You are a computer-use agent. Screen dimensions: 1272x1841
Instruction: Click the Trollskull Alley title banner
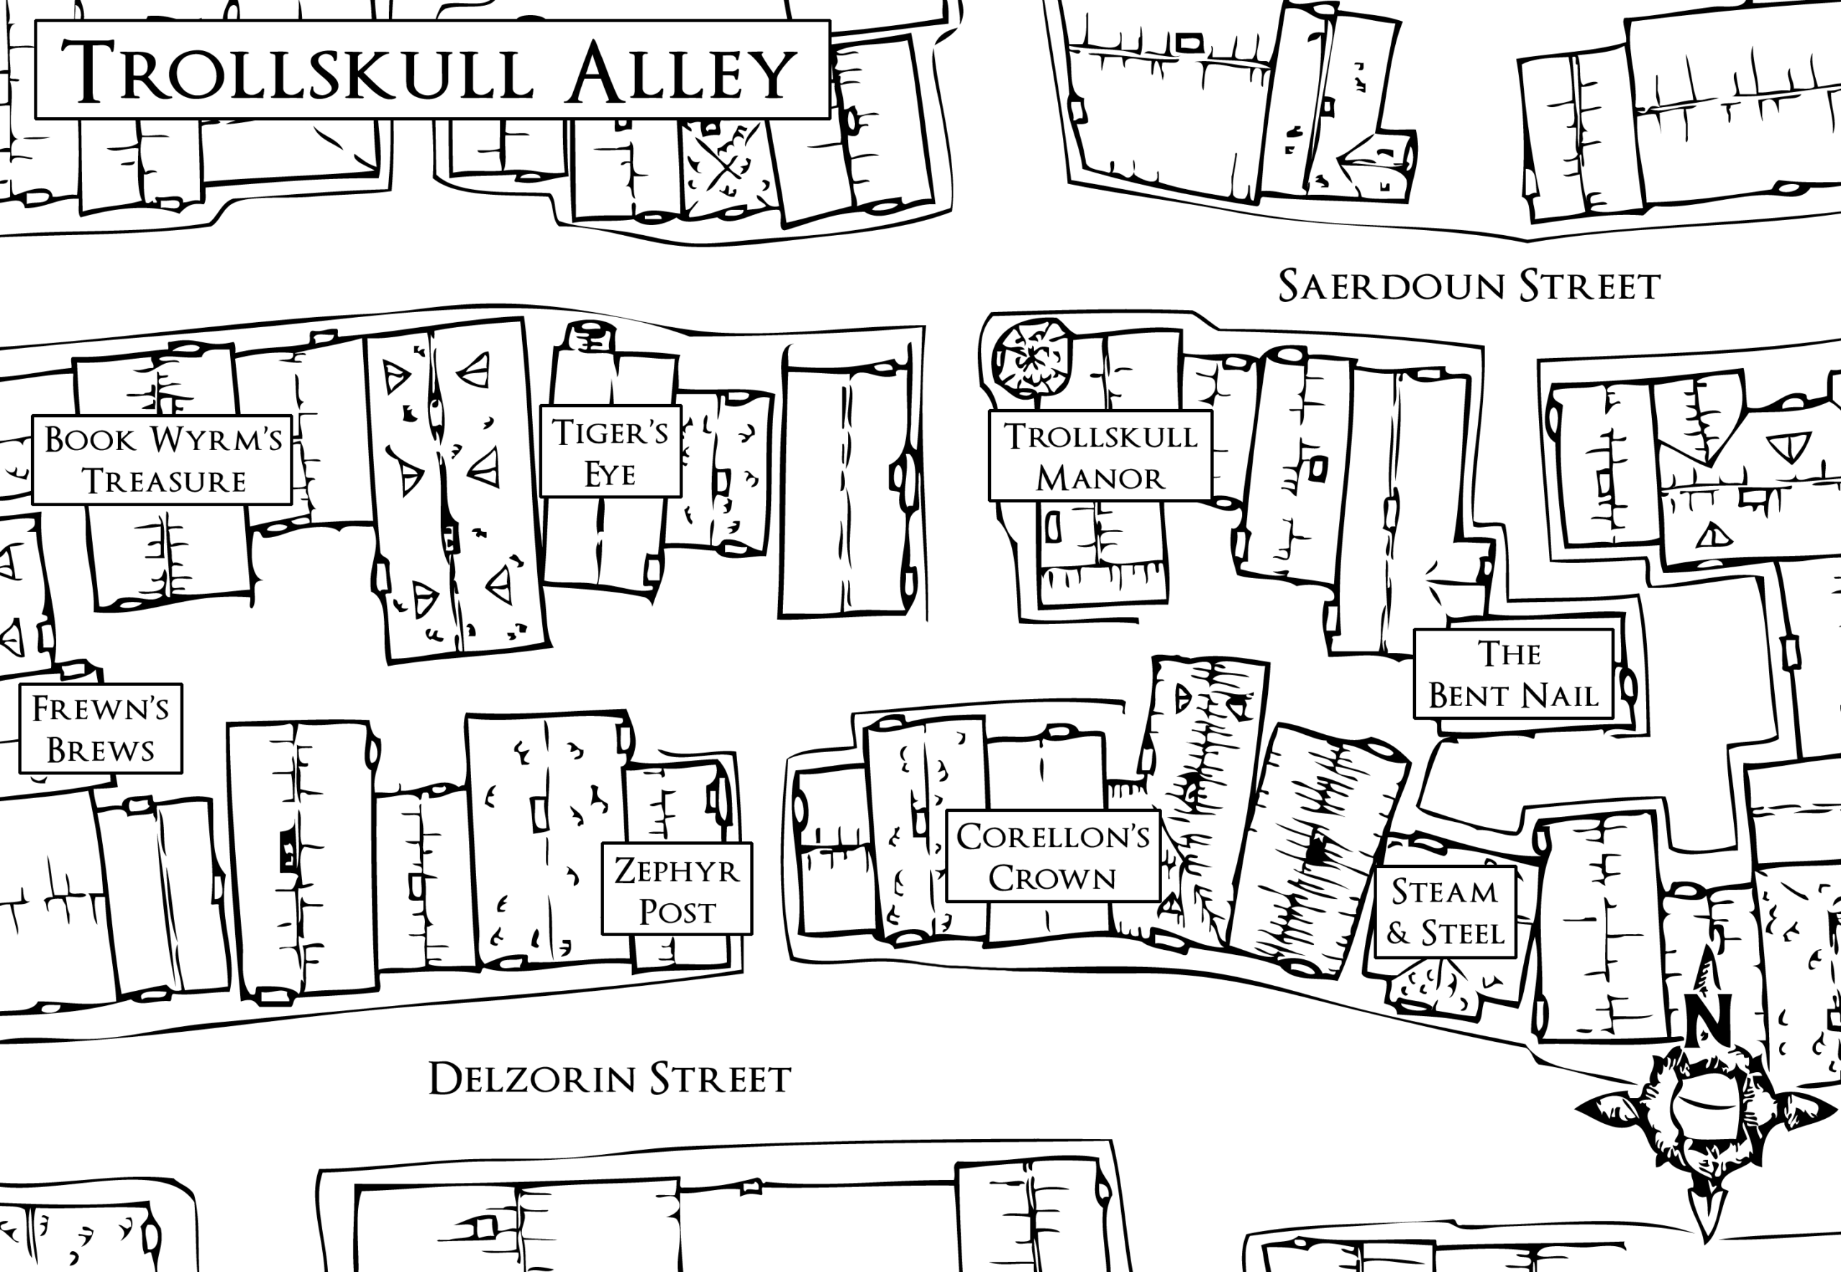[433, 70]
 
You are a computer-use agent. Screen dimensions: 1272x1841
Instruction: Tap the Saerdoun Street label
[1468, 286]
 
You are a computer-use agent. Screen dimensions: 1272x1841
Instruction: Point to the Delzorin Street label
[610, 1079]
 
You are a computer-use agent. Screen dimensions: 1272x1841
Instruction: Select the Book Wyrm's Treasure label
[163, 460]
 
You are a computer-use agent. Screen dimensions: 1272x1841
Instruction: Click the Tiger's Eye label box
[611, 452]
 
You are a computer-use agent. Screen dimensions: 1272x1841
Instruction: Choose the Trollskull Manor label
[1100, 456]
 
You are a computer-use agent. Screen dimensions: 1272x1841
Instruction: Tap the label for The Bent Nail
[1512, 674]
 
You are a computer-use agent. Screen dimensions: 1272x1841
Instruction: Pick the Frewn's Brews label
[101, 728]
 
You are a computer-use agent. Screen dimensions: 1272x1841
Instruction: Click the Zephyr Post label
[677, 889]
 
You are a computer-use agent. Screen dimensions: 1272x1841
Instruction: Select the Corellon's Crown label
[1053, 857]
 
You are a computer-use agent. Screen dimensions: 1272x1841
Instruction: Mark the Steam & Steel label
[1445, 912]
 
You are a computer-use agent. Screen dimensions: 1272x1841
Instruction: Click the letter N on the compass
[1708, 1017]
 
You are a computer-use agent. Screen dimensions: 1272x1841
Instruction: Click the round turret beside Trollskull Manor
[1031, 358]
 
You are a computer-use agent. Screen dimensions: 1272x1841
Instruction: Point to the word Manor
[1100, 478]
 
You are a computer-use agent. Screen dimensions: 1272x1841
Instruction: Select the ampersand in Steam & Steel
[1397, 933]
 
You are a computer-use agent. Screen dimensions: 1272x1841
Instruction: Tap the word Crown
[1053, 878]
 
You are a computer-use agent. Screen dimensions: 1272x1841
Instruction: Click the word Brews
[101, 750]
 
